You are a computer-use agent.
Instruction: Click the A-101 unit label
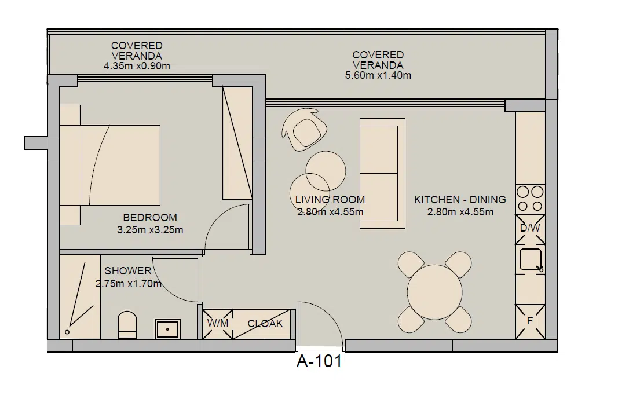tap(319, 362)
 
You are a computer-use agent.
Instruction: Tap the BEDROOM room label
tap(150, 218)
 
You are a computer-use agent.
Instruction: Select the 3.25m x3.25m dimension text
tap(150, 230)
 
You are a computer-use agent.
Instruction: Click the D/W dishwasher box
tap(530, 228)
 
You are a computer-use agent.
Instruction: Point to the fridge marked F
tap(530, 321)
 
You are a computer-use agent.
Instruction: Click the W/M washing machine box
tap(217, 324)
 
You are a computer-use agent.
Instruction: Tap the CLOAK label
tap(265, 324)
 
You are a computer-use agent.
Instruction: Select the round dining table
tap(435, 292)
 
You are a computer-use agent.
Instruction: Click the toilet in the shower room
tap(127, 325)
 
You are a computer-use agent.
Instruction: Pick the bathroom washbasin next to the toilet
tap(167, 329)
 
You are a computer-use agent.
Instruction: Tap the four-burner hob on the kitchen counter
tap(530, 198)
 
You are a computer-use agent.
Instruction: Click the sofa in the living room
tap(382, 173)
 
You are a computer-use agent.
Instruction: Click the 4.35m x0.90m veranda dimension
tap(137, 66)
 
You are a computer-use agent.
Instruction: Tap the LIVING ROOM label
tap(330, 200)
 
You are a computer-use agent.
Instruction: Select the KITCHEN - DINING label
tap(460, 200)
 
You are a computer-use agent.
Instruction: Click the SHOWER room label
tap(128, 271)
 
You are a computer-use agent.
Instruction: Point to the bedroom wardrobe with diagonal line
tap(237, 144)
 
